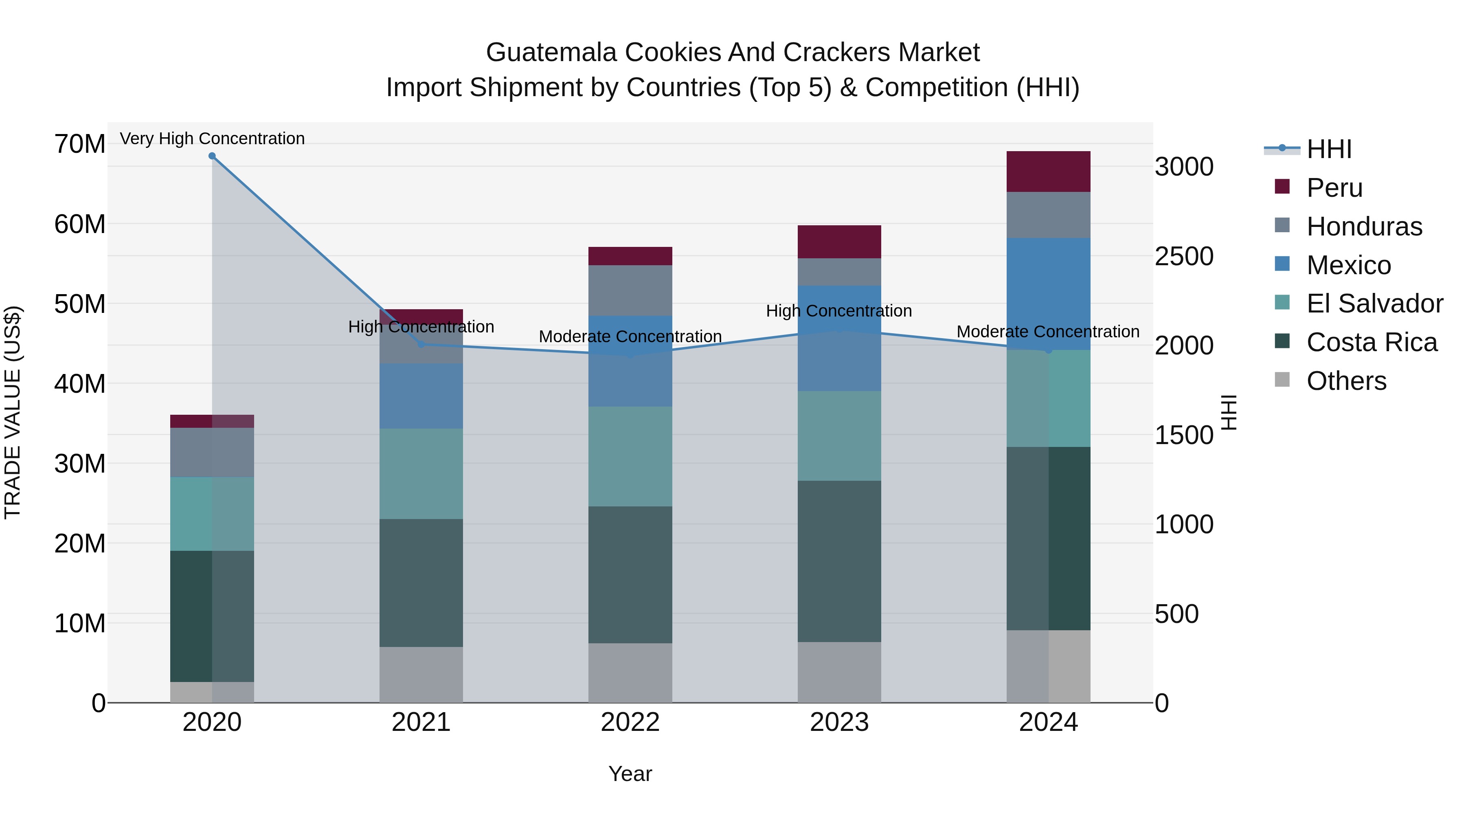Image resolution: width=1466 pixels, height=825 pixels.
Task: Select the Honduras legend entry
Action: (x=1363, y=227)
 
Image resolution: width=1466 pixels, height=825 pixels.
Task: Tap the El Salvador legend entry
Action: (x=1374, y=304)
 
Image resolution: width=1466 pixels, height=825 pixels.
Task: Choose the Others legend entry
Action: (x=1346, y=381)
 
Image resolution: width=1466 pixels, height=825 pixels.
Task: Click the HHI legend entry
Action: (x=1328, y=149)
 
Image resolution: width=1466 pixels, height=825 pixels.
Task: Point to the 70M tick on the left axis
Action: (x=80, y=144)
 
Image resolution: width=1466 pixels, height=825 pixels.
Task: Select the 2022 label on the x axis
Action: (x=630, y=722)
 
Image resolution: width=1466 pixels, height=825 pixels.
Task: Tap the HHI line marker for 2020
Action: (x=212, y=156)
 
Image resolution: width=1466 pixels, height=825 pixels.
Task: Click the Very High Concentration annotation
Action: (x=212, y=139)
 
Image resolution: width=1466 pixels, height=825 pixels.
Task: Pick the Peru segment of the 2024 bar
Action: (x=1048, y=172)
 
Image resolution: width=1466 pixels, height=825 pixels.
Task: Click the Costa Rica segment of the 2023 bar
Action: (x=839, y=561)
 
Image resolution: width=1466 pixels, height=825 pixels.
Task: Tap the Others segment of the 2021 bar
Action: (x=421, y=675)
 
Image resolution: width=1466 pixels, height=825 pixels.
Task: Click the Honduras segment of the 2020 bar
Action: (x=212, y=452)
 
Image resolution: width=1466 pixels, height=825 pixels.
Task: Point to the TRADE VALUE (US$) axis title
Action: (x=13, y=412)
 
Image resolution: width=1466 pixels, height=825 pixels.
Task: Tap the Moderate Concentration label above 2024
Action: (x=1048, y=331)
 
